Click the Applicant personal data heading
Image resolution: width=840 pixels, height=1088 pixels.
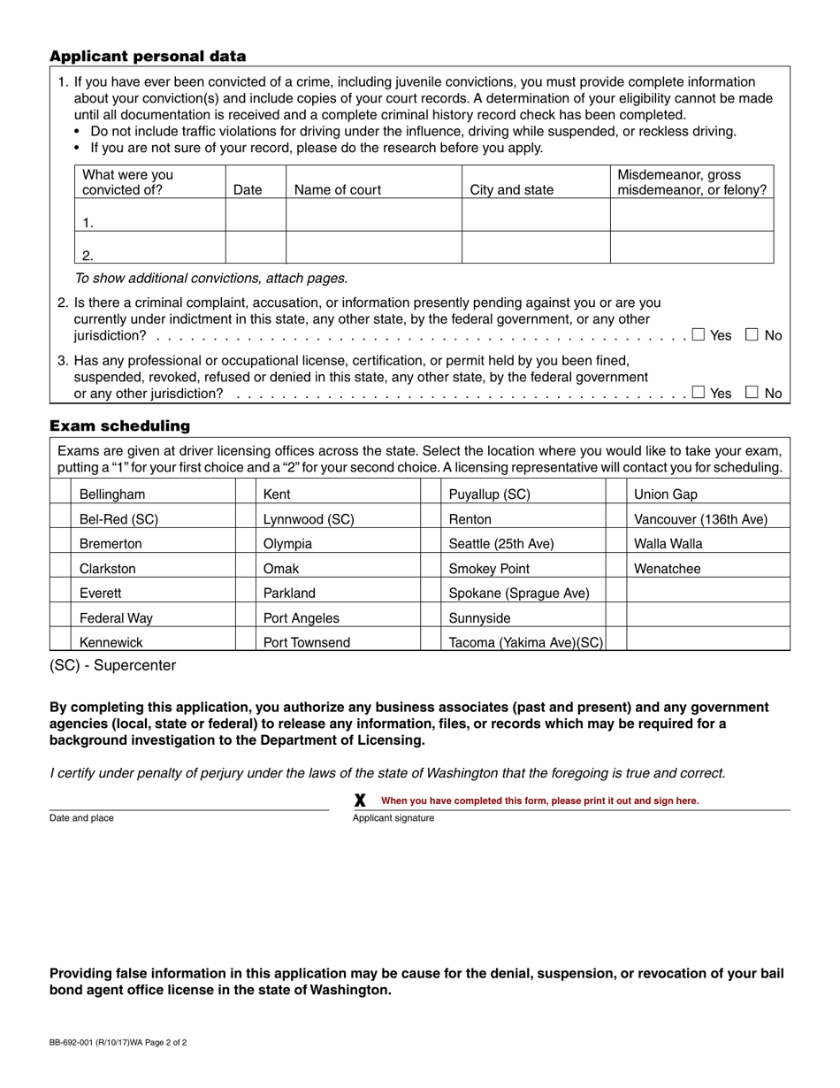[148, 57]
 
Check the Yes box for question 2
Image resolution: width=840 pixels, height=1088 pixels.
[699, 334]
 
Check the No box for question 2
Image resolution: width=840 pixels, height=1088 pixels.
[752, 334]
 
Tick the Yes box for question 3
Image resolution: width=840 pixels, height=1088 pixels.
[699, 393]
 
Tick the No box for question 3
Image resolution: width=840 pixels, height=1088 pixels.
[752, 393]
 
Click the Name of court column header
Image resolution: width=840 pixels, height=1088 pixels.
[338, 189]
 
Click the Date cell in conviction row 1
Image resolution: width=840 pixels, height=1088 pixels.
[256, 215]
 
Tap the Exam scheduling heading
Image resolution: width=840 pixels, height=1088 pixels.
[119, 426]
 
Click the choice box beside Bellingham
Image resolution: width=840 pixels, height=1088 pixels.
[60, 494]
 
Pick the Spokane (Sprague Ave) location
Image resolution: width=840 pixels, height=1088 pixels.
[519, 594]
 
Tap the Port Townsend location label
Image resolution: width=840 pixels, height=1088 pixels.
[307, 643]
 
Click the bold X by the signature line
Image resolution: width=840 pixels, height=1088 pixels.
[360, 801]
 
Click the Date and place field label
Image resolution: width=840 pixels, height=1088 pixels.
[81, 818]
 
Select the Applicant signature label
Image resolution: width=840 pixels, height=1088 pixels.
[393, 818]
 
